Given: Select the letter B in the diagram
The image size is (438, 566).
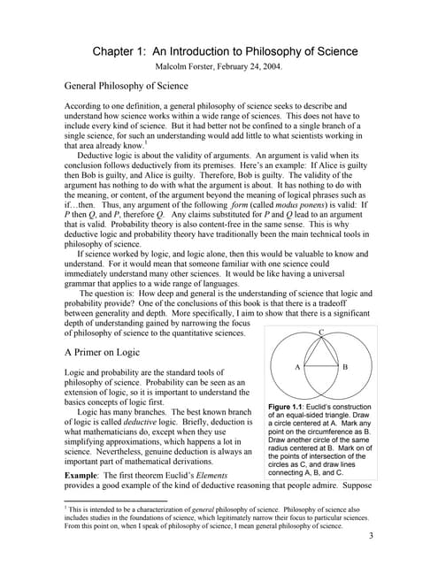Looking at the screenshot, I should tap(345, 365).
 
